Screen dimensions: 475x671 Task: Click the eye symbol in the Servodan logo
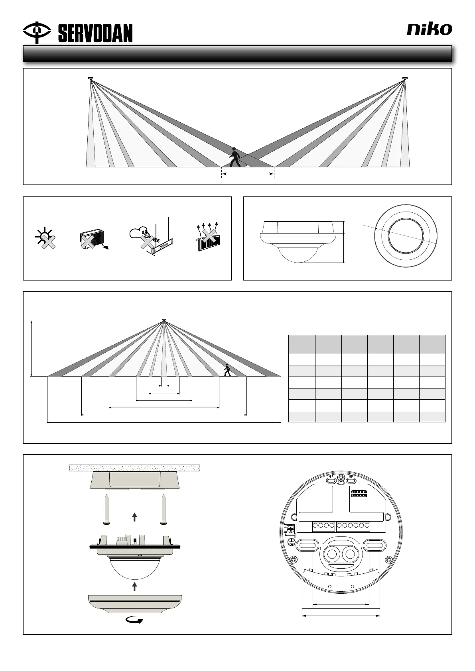click(36, 31)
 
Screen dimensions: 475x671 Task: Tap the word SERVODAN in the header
click(95, 33)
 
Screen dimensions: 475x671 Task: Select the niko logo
click(429, 29)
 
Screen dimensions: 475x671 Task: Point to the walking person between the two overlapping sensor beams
click(235, 157)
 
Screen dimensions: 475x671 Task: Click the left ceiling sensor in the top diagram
click(91, 78)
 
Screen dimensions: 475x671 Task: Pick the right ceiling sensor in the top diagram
click(405, 78)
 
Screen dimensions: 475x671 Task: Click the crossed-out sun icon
click(45, 239)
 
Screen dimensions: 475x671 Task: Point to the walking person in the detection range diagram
click(227, 369)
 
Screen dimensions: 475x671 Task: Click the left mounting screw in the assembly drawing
click(107, 510)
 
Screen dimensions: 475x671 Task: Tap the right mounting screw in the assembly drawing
click(164, 510)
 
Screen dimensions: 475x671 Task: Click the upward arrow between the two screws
click(134, 517)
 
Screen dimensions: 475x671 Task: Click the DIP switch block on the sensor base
click(359, 493)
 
